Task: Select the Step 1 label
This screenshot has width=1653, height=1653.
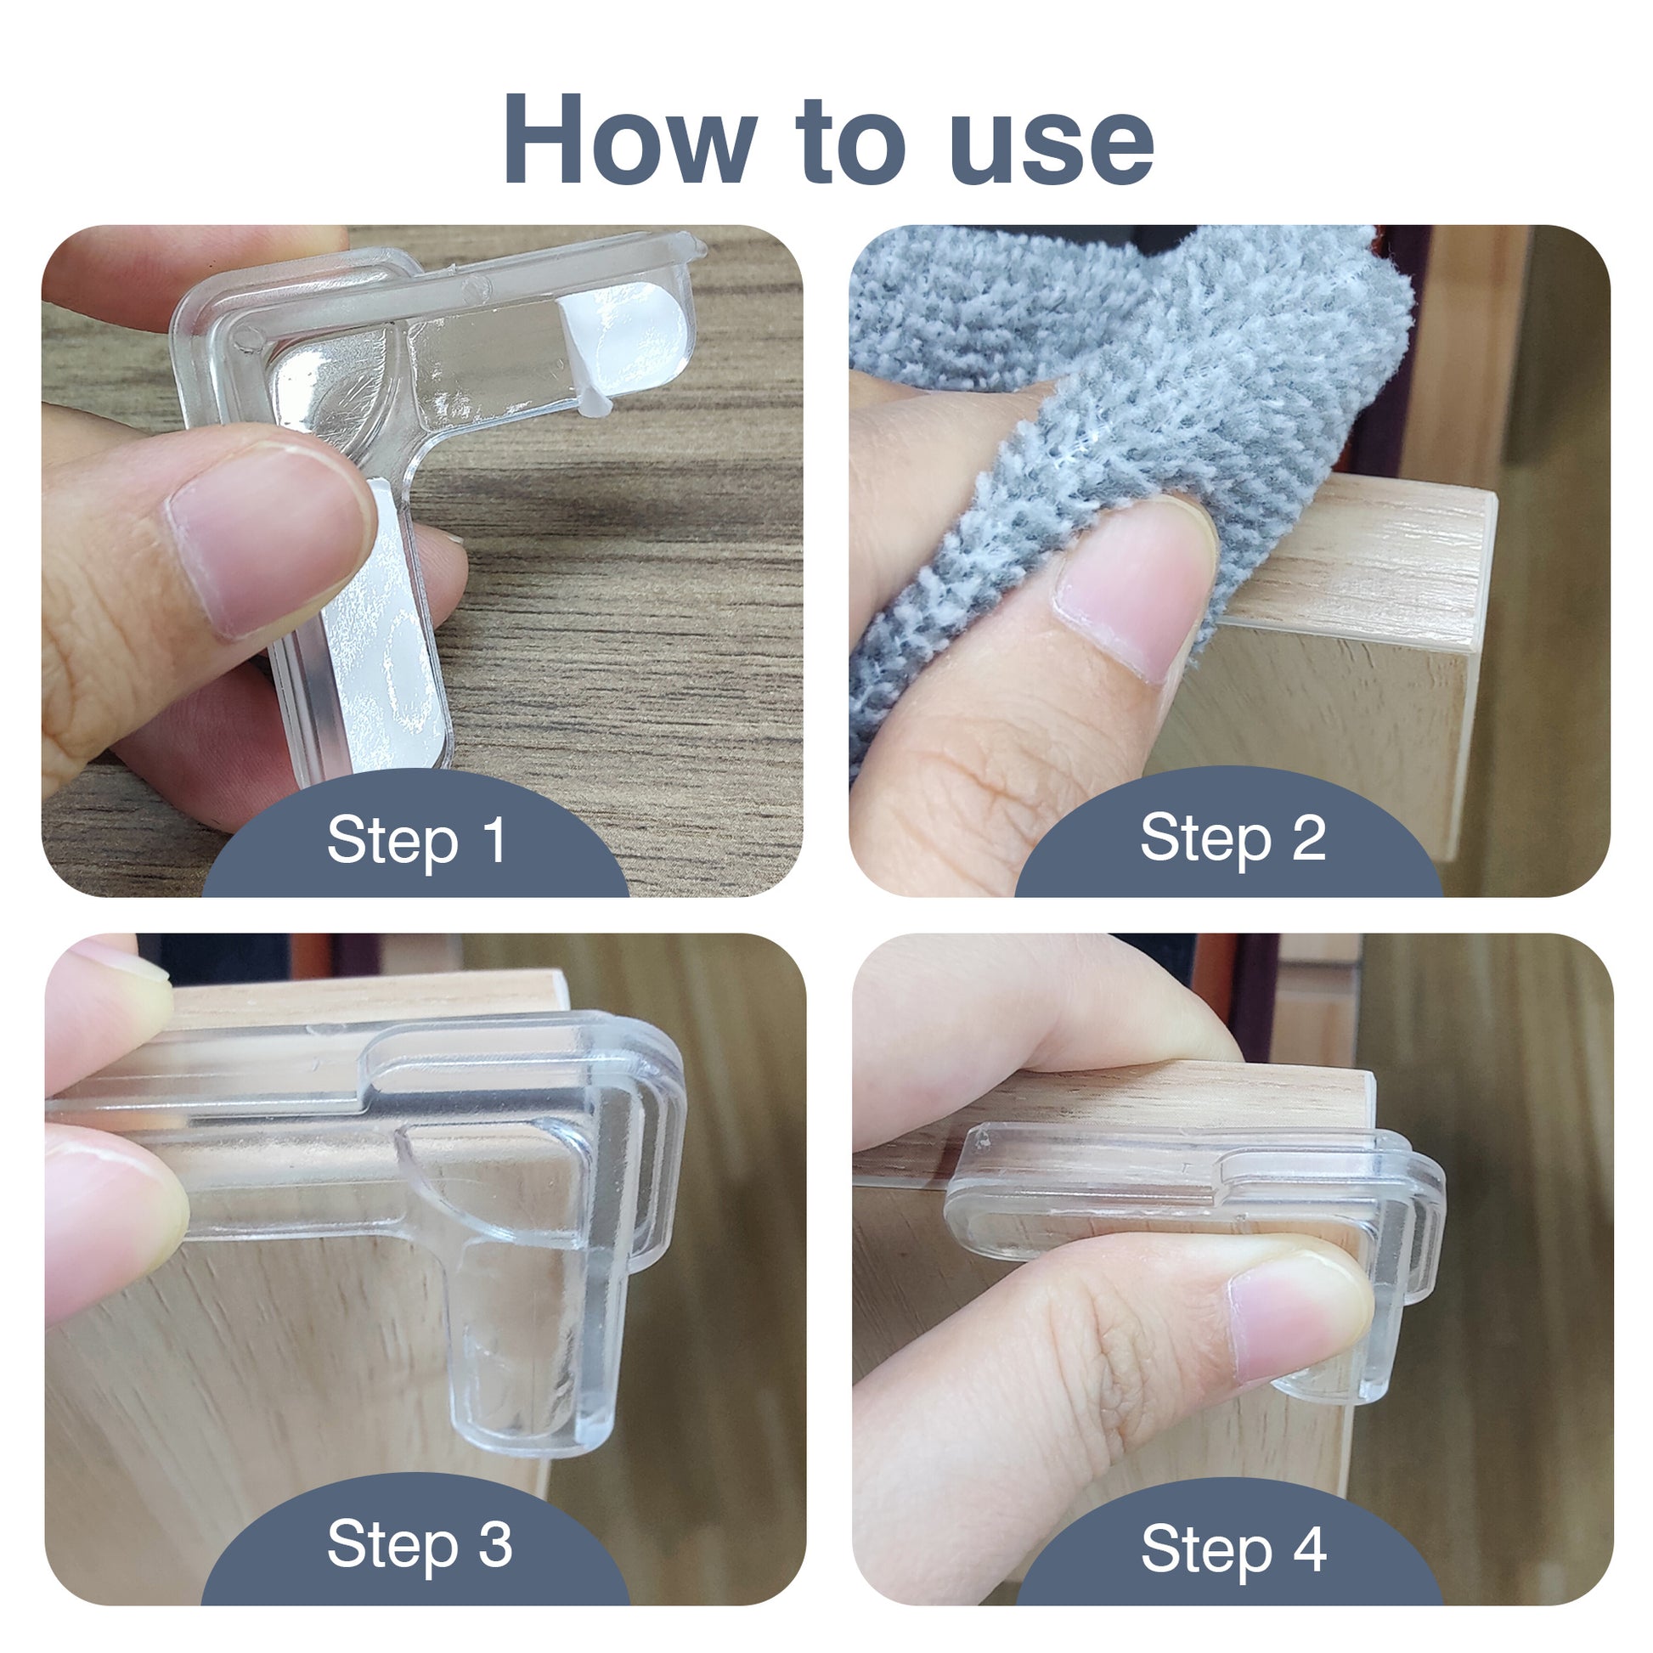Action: [418, 841]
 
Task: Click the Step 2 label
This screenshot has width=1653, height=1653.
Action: [1233, 838]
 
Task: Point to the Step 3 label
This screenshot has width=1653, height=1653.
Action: [420, 1545]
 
